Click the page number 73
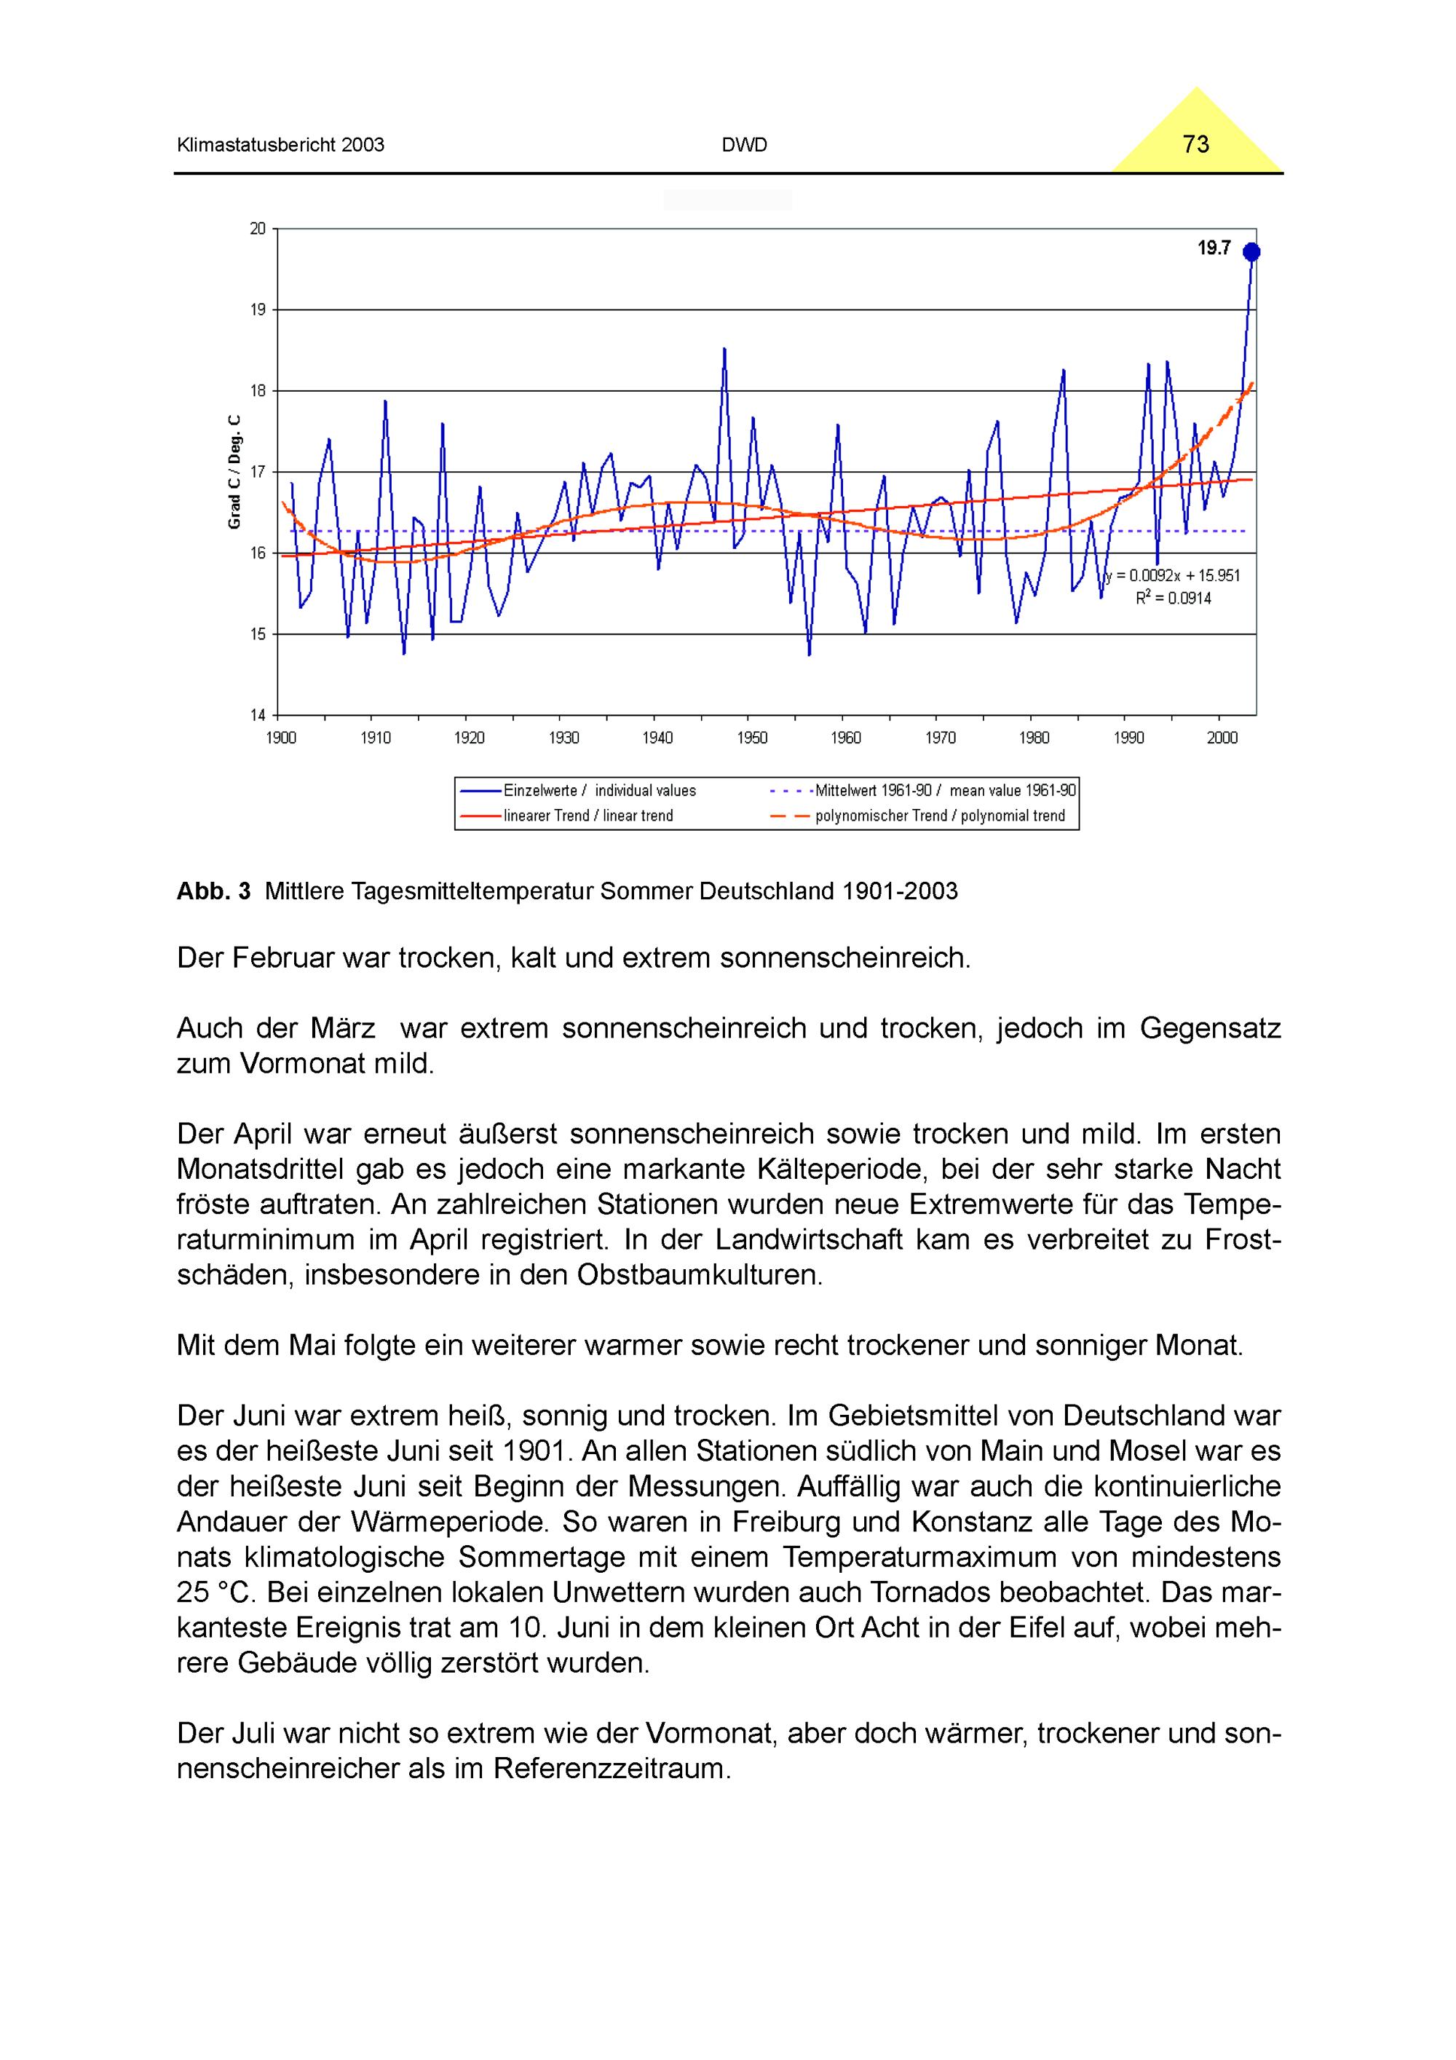(x=1196, y=144)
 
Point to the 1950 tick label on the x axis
(x=752, y=738)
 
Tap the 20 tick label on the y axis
(x=258, y=229)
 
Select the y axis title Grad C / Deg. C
(x=235, y=471)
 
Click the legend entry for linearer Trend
(x=587, y=816)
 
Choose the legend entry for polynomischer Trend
(x=939, y=816)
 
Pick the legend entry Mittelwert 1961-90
(x=943, y=791)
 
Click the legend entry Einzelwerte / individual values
(x=599, y=791)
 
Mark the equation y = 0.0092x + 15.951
(x=1174, y=576)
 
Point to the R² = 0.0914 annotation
(x=1174, y=599)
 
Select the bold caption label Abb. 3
(x=213, y=891)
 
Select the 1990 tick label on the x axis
(x=1128, y=738)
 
